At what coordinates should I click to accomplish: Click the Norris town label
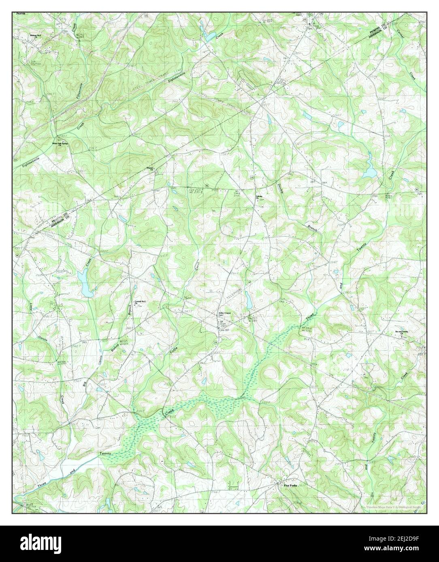(x=21, y=14)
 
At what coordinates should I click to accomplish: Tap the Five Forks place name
(x=290, y=486)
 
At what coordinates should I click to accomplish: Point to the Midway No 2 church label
(x=36, y=36)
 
